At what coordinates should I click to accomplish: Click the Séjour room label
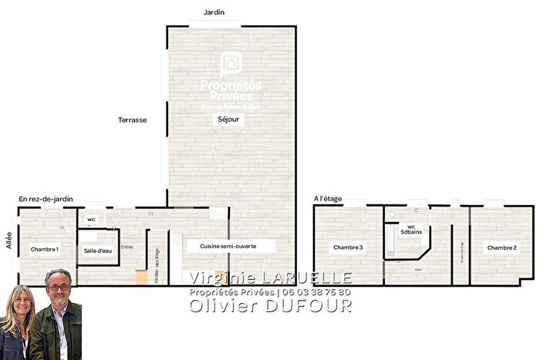(x=229, y=120)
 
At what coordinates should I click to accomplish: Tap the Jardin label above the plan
(x=214, y=12)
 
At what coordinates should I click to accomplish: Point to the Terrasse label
(x=132, y=120)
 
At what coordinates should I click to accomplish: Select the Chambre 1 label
(x=45, y=250)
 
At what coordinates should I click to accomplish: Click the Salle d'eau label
(x=98, y=251)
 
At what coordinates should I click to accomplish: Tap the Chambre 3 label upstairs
(x=348, y=247)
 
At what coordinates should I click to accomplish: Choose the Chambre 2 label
(x=501, y=247)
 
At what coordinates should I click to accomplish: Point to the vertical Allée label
(x=8, y=237)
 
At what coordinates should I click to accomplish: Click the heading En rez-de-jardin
(x=46, y=199)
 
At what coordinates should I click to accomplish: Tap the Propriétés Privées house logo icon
(x=230, y=62)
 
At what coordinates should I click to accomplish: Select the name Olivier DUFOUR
(x=271, y=305)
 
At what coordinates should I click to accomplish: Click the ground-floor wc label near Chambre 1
(x=91, y=220)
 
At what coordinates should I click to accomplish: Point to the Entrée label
(x=127, y=247)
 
